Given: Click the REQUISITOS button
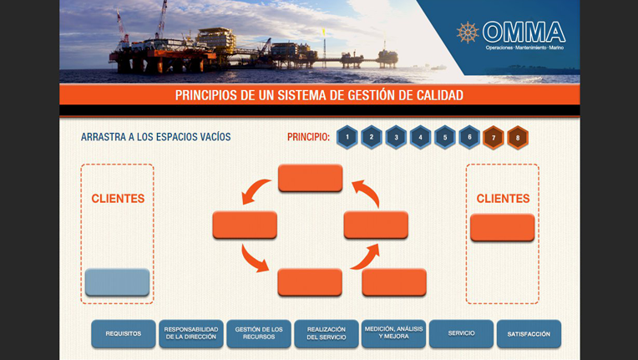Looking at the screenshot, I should [124, 334].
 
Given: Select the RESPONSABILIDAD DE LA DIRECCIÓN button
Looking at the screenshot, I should [191, 334].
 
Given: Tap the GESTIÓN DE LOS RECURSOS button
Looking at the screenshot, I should [259, 334].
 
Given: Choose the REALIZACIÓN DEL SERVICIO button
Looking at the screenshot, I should [327, 334].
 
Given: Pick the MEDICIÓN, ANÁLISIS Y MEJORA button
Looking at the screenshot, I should [393, 334].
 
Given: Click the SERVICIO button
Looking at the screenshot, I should [461, 334].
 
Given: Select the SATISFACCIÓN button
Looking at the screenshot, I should [529, 334].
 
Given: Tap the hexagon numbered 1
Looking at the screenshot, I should [347, 137].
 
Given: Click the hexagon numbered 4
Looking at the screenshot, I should [421, 137].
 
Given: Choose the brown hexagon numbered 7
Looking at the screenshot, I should [494, 137].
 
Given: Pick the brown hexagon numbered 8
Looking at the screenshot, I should [518, 137].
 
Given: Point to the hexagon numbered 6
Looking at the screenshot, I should [469, 137].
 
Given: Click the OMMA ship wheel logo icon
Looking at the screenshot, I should [468, 33].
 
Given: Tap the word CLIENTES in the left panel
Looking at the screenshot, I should [118, 199].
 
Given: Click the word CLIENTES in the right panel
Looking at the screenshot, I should [503, 199].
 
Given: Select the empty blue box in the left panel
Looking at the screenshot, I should [118, 282].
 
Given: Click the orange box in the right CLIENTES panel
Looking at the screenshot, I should [503, 228].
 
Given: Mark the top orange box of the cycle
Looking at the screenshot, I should [311, 178].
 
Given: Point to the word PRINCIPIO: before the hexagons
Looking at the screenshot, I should [308, 137].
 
